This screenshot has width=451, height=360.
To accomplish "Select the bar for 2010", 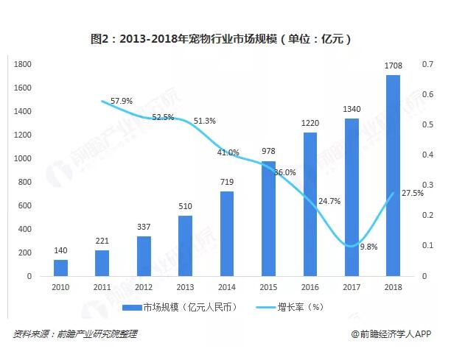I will click(x=60, y=267).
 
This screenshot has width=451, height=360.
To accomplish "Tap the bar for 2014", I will click(x=227, y=233).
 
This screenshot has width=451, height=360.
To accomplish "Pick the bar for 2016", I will click(x=310, y=204).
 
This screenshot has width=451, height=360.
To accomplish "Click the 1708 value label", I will click(x=393, y=67).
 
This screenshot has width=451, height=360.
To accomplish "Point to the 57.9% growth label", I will click(x=121, y=100).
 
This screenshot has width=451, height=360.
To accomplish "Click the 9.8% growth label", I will click(x=368, y=247).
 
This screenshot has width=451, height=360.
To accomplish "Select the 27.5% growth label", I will click(x=412, y=193).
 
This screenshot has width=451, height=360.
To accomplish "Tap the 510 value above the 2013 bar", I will click(x=185, y=207).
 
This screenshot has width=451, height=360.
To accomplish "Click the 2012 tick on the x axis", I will click(x=144, y=288).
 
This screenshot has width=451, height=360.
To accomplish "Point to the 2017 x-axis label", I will click(x=352, y=288).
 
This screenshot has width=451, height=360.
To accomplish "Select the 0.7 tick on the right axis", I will click(x=427, y=64).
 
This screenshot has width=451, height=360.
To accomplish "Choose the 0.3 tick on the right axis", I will click(x=427, y=185).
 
